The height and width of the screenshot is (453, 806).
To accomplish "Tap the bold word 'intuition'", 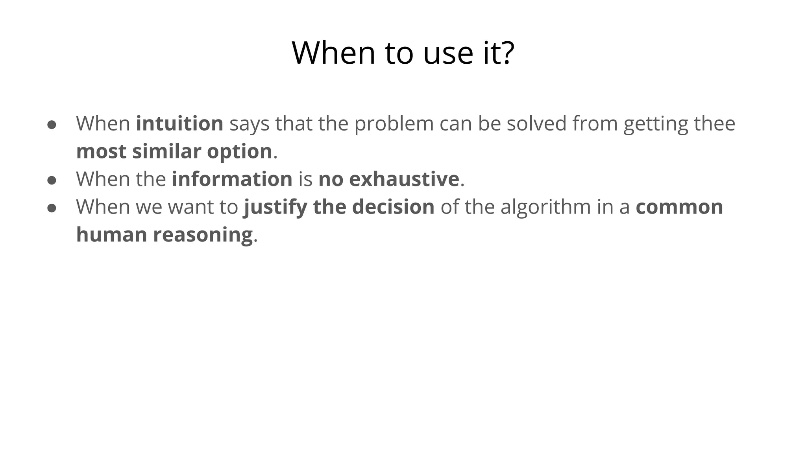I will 179,123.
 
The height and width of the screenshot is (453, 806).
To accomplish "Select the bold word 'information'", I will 232,179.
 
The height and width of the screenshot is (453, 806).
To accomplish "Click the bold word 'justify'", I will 275,207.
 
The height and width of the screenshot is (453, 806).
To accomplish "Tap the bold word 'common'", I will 679,207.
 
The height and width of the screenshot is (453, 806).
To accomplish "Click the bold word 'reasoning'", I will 203,235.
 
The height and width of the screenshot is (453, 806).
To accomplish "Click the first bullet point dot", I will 52,125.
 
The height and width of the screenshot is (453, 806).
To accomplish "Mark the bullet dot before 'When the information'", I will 52,180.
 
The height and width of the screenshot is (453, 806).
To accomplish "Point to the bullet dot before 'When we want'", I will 52,208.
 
